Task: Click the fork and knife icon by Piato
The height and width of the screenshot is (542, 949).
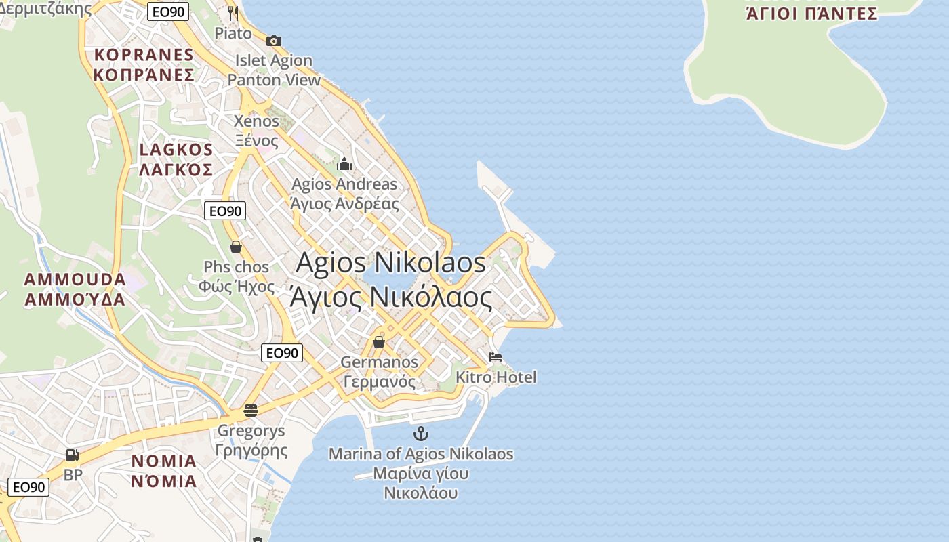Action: pos(233,14)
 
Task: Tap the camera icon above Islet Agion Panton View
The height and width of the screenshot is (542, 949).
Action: pos(274,41)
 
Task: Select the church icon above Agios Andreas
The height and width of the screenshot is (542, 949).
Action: pos(344,164)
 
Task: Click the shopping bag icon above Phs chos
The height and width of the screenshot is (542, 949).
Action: pos(236,247)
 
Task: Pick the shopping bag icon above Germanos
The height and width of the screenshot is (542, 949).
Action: pos(379,342)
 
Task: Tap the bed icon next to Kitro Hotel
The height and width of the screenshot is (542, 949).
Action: pos(496,357)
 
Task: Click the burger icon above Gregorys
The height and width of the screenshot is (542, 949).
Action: pos(251,410)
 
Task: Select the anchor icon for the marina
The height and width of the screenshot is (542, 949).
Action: pos(422,434)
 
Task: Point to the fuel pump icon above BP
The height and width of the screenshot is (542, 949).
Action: pos(73,455)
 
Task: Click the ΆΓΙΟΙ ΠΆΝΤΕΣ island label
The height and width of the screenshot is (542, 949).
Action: pos(811,14)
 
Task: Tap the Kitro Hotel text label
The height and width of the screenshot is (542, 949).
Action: pos(496,377)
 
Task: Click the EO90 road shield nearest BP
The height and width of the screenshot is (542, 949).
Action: pos(28,486)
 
